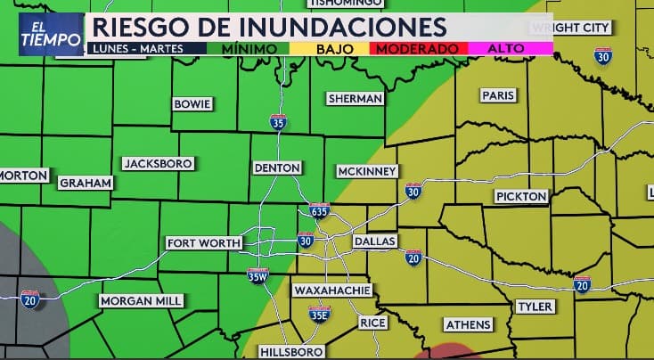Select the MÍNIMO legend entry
[x=249, y=48]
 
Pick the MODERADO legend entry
[x=417, y=48]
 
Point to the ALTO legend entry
[x=505, y=48]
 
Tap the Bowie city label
[x=192, y=104]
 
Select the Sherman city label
[x=355, y=98]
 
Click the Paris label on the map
[x=493, y=95]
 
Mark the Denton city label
[x=276, y=168]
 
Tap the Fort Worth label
[x=204, y=242]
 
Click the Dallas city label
[x=374, y=241]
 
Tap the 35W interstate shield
[x=258, y=276]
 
